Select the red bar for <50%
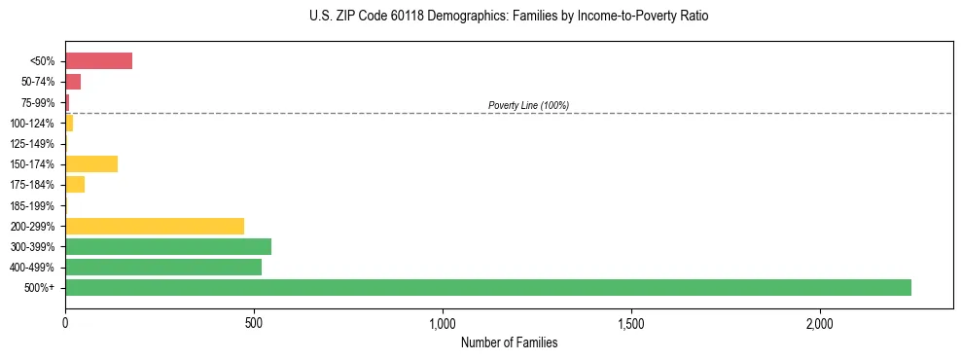[x=98, y=61]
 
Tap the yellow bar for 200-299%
[x=155, y=226]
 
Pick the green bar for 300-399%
[x=168, y=246]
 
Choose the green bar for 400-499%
[x=163, y=267]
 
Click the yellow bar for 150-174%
[x=91, y=163]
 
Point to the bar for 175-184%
[x=75, y=185]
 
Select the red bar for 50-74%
[x=73, y=82]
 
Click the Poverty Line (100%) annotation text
[x=528, y=105]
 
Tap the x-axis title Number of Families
[x=509, y=342]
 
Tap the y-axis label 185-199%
[x=32, y=205]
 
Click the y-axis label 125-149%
[x=32, y=144]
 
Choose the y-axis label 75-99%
[x=37, y=102]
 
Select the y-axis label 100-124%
[x=32, y=124]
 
